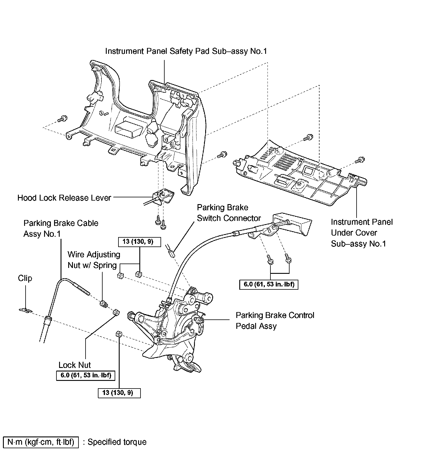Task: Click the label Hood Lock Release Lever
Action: (x=64, y=198)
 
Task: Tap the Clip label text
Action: (x=25, y=278)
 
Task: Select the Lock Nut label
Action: (x=75, y=365)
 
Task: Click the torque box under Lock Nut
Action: (x=85, y=376)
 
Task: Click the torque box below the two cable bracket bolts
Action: (x=269, y=284)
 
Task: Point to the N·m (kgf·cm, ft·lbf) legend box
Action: (x=41, y=442)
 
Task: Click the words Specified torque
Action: (x=117, y=442)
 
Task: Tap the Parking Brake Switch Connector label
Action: (x=229, y=213)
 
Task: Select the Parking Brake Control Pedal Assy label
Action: (x=275, y=321)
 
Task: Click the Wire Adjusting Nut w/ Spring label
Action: (x=93, y=260)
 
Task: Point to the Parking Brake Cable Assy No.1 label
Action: (x=61, y=228)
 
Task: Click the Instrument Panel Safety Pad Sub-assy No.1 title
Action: (x=186, y=51)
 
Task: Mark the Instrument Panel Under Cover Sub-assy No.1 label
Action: (x=362, y=233)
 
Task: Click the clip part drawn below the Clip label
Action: (x=26, y=310)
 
